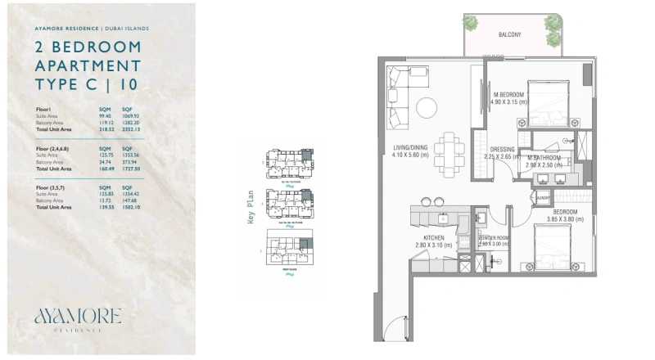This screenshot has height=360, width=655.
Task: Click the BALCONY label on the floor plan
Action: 511,35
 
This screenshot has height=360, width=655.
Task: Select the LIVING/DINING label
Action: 410,147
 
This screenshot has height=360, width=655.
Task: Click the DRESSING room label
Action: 501,150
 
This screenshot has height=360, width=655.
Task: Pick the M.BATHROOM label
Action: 543,157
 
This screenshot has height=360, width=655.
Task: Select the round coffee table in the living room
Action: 426,107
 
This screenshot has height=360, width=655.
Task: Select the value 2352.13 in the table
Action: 133,129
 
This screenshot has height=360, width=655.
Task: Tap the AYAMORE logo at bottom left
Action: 78,316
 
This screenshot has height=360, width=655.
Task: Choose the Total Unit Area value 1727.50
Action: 133,169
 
